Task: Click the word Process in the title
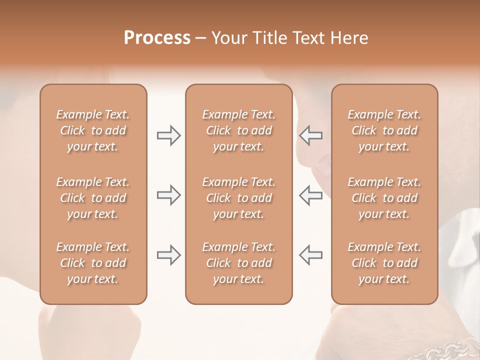click(157, 38)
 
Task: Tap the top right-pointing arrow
click(168, 135)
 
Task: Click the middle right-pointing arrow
click(168, 195)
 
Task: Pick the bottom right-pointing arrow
click(168, 255)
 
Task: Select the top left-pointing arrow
click(311, 135)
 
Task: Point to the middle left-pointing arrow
click(311, 195)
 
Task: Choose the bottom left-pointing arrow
click(311, 255)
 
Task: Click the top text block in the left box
click(93, 130)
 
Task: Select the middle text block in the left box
click(93, 198)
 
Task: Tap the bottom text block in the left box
click(93, 263)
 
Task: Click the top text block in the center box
click(238, 130)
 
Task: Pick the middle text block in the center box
click(238, 198)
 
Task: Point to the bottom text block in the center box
click(238, 263)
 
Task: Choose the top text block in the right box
click(384, 130)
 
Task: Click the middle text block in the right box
click(384, 198)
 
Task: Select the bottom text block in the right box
click(384, 263)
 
